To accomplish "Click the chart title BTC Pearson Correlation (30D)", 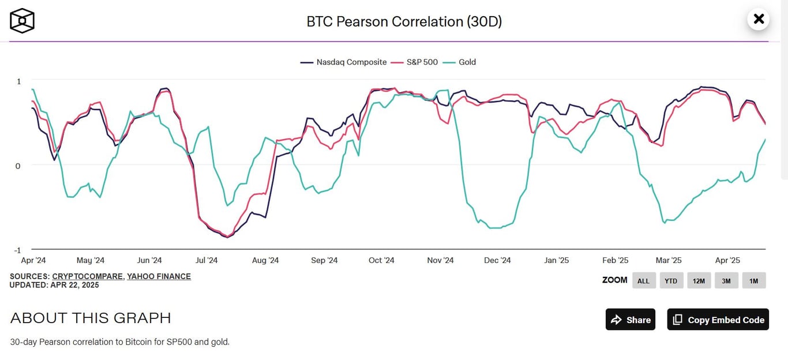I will tap(404, 21).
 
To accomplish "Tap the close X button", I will tap(759, 19).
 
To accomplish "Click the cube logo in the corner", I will tap(22, 21).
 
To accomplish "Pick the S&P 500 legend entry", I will tap(415, 62).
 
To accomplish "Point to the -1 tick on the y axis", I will tap(17, 250).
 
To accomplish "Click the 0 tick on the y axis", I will tap(17, 166).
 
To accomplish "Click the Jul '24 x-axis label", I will tap(207, 260).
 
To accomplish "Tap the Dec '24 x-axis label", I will tap(497, 260).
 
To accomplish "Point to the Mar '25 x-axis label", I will tap(669, 260).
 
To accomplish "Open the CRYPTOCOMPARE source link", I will tap(87, 276).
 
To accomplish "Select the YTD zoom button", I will tap(671, 281).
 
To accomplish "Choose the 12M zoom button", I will tap(699, 281).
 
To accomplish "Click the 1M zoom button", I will tap(754, 281).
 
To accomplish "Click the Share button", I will tap(631, 320).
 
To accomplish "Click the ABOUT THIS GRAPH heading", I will tap(91, 318).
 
